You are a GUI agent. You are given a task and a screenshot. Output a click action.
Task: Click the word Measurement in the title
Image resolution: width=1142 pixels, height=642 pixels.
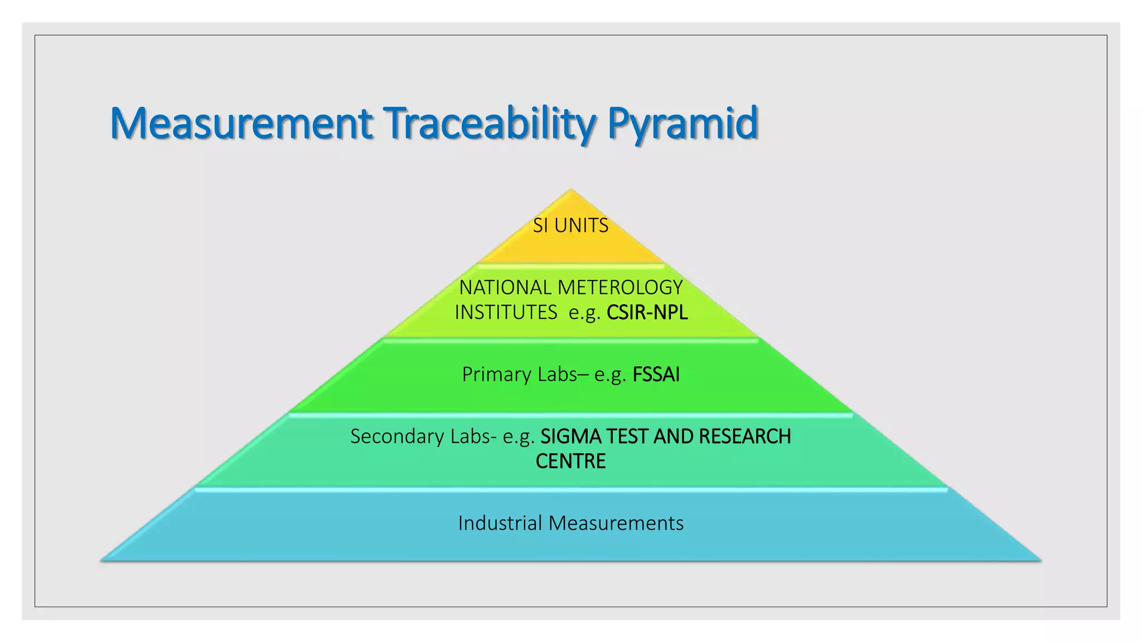click(241, 123)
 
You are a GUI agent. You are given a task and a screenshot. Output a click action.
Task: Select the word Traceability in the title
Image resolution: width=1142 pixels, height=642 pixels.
click(490, 123)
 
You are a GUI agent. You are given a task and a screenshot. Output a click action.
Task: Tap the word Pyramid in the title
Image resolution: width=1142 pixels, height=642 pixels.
click(683, 123)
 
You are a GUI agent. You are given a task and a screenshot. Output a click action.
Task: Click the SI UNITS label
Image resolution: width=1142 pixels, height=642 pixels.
click(570, 226)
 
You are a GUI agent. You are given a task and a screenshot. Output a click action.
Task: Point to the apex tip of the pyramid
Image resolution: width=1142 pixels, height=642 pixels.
click(570, 191)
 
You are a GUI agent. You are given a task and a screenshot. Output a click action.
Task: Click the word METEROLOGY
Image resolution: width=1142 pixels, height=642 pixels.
click(620, 288)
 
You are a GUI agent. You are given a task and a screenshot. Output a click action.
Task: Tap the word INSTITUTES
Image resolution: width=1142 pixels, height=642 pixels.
click(506, 313)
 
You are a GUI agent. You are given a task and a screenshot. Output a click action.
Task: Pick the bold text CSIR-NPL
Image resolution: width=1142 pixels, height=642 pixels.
click(647, 313)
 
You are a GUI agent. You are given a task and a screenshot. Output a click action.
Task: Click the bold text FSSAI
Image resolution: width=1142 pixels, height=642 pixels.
click(656, 374)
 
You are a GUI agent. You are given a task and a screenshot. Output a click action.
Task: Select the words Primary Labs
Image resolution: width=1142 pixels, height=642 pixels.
click(519, 374)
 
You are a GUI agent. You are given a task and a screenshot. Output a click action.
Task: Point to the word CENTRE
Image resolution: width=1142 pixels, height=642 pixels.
click(570, 461)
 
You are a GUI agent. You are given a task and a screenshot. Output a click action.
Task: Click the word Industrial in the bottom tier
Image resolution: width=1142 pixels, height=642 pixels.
click(500, 523)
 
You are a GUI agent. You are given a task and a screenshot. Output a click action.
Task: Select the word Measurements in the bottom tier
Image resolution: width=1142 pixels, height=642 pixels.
click(616, 523)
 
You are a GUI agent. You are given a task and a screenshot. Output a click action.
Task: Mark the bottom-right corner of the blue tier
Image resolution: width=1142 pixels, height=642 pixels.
click(1039, 560)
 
